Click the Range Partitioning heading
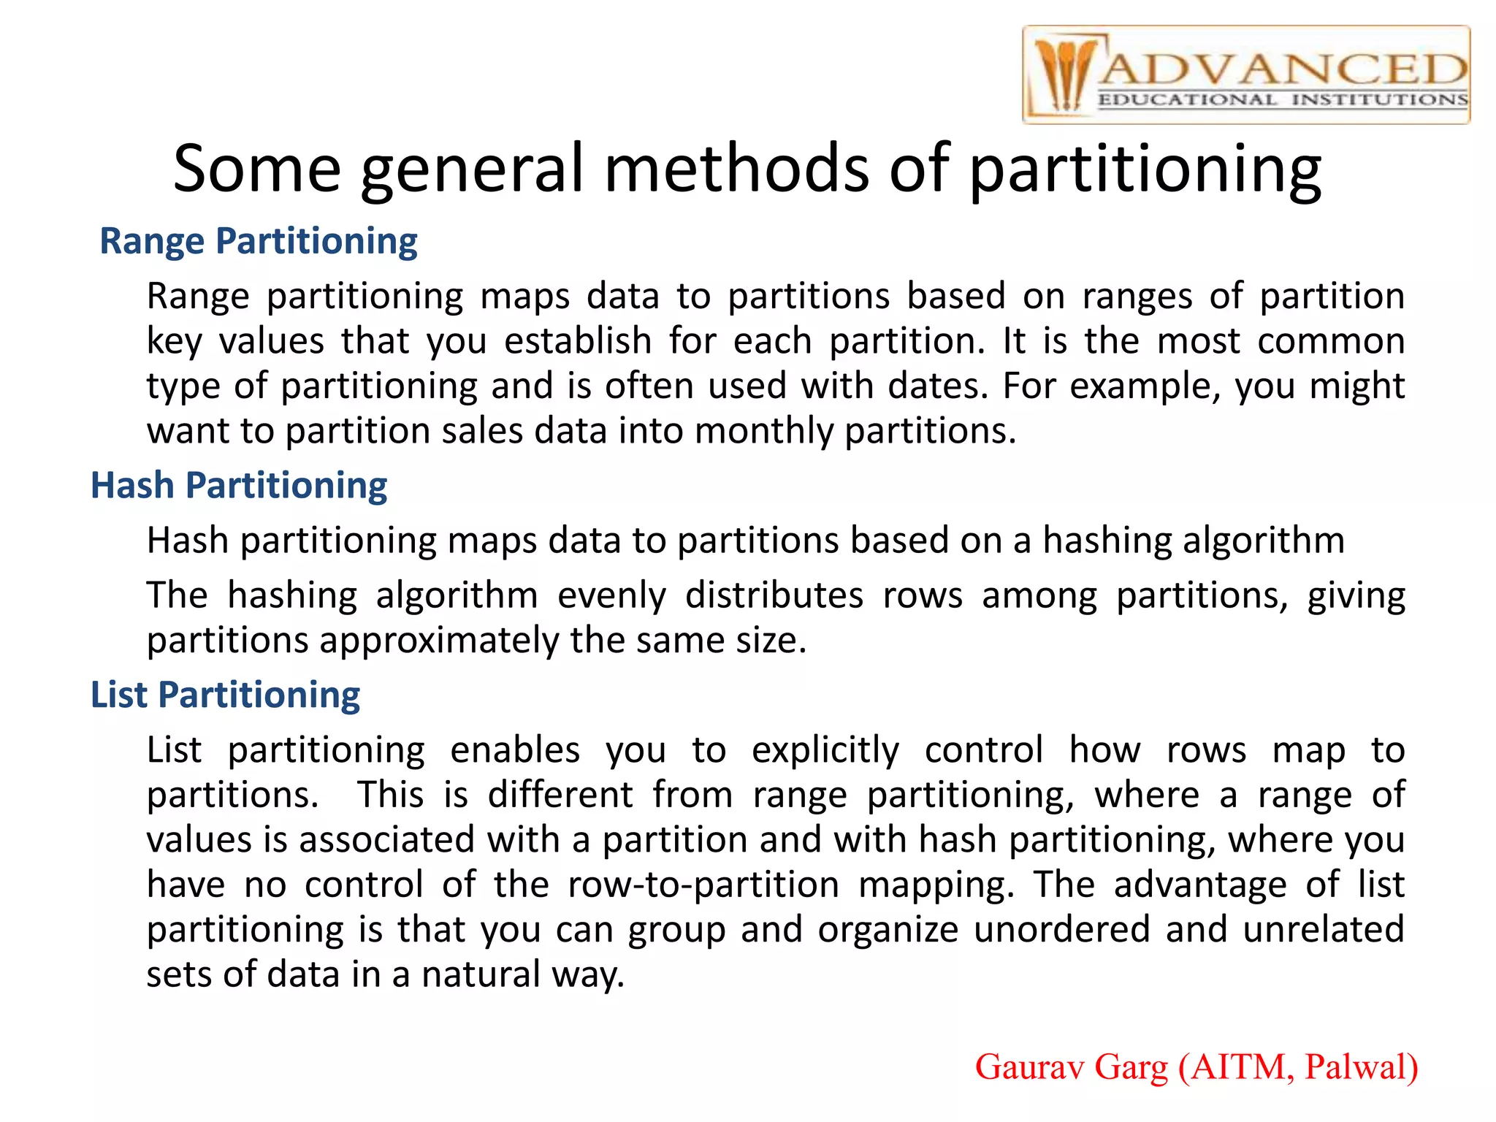pos(258,241)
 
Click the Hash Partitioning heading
pos(238,486)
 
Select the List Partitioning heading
pos(225,695)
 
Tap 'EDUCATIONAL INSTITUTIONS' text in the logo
pos(1283,100)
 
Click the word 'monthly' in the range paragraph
pos(763,431)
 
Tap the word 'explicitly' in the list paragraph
pos(825,751)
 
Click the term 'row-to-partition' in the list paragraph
pos(703,885)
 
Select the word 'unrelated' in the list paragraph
pos(1324,930)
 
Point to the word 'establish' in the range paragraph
pos(578,341)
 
